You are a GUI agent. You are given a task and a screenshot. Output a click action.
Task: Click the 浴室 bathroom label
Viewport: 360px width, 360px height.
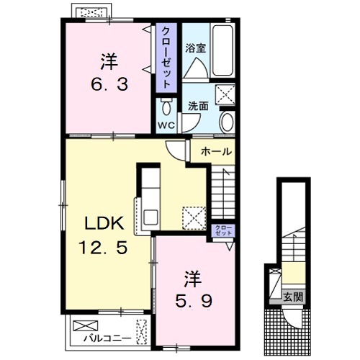pos(195,48)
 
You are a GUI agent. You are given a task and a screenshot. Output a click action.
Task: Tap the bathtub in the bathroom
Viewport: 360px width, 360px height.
pos(222,50)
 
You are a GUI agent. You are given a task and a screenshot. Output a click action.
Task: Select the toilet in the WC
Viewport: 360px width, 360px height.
pos(166,107)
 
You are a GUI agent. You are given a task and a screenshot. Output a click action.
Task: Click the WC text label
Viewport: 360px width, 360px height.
pos(166,125)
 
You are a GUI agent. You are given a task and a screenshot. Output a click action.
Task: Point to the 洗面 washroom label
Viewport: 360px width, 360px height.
pos(198,106)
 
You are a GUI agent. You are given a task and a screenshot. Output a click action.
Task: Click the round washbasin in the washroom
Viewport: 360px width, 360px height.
pos(227,122)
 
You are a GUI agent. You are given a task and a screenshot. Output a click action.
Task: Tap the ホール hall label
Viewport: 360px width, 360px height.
pos(216,151)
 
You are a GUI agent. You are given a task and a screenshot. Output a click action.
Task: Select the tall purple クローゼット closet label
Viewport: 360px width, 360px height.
pos(166,58)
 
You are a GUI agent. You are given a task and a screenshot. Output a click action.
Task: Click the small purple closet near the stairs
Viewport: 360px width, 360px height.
pos(223,230)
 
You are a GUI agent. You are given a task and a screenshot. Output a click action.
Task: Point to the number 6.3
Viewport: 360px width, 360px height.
pos(109,85)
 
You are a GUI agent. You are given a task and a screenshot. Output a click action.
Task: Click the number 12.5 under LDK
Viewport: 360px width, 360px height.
pos(103,248)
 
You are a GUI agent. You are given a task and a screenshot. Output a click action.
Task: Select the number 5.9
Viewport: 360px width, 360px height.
pos(194,301)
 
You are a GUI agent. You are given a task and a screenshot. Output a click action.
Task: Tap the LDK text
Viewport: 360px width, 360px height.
pos(104,223)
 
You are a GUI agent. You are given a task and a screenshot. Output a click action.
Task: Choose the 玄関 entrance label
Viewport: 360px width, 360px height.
pos(293,297)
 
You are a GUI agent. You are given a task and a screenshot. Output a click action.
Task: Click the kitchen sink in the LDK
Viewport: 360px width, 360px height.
pos(150,217)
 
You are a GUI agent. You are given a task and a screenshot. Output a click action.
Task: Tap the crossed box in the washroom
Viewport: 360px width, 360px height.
pos(225,95)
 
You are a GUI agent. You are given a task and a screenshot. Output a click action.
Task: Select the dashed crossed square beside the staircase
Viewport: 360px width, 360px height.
pos(194,218)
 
